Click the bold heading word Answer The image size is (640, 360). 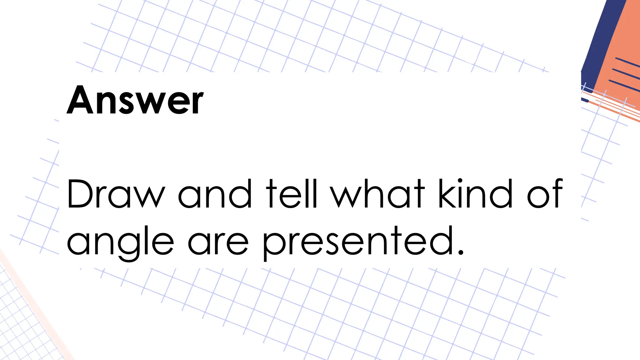point(135,100)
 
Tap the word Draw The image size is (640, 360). point(116,194)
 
